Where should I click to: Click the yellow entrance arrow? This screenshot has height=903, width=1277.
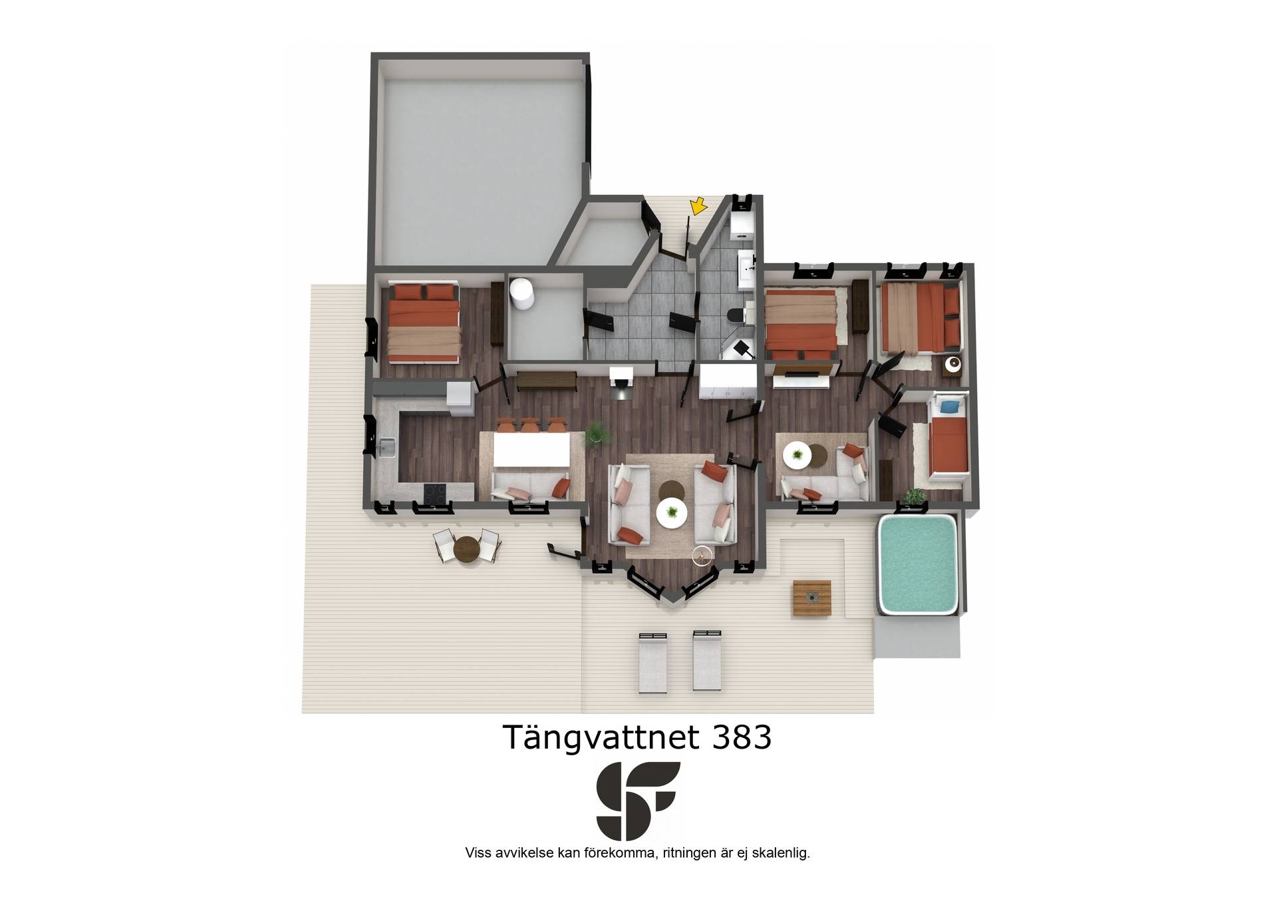[697, 206]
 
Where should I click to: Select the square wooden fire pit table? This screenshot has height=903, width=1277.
[811, 598]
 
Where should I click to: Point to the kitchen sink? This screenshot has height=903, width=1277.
[385, 447]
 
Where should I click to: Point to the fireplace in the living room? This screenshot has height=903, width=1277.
[622, 384]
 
